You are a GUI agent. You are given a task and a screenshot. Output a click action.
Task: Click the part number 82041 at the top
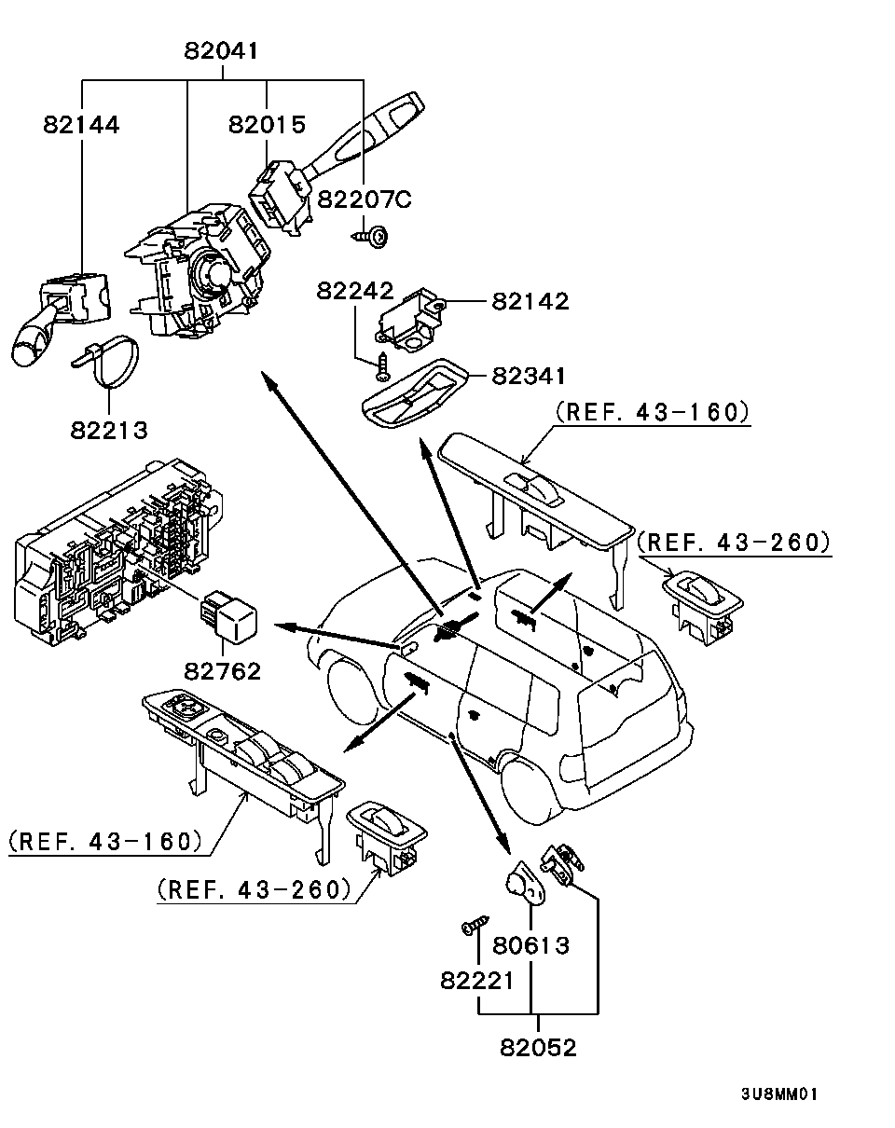tap(221, 51)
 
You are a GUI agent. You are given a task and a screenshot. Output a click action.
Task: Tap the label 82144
tap(81, 125)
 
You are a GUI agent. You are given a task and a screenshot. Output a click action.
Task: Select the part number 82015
tap(268, 125)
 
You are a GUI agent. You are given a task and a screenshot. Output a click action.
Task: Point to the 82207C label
tap(365, 199)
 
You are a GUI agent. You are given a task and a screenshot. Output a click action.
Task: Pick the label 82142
tap(530, 301)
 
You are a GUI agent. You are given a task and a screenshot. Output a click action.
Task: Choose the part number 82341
tap(529, 375)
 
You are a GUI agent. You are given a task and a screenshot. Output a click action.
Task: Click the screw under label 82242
tap(382, 370)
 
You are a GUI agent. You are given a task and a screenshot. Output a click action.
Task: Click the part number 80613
tap(530, 945)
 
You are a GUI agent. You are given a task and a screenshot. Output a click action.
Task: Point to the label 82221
tap(477, 981)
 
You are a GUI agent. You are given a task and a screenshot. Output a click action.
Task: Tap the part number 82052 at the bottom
tap(538, 1047)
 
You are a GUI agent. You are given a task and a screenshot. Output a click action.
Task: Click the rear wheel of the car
tap(530, 788)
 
